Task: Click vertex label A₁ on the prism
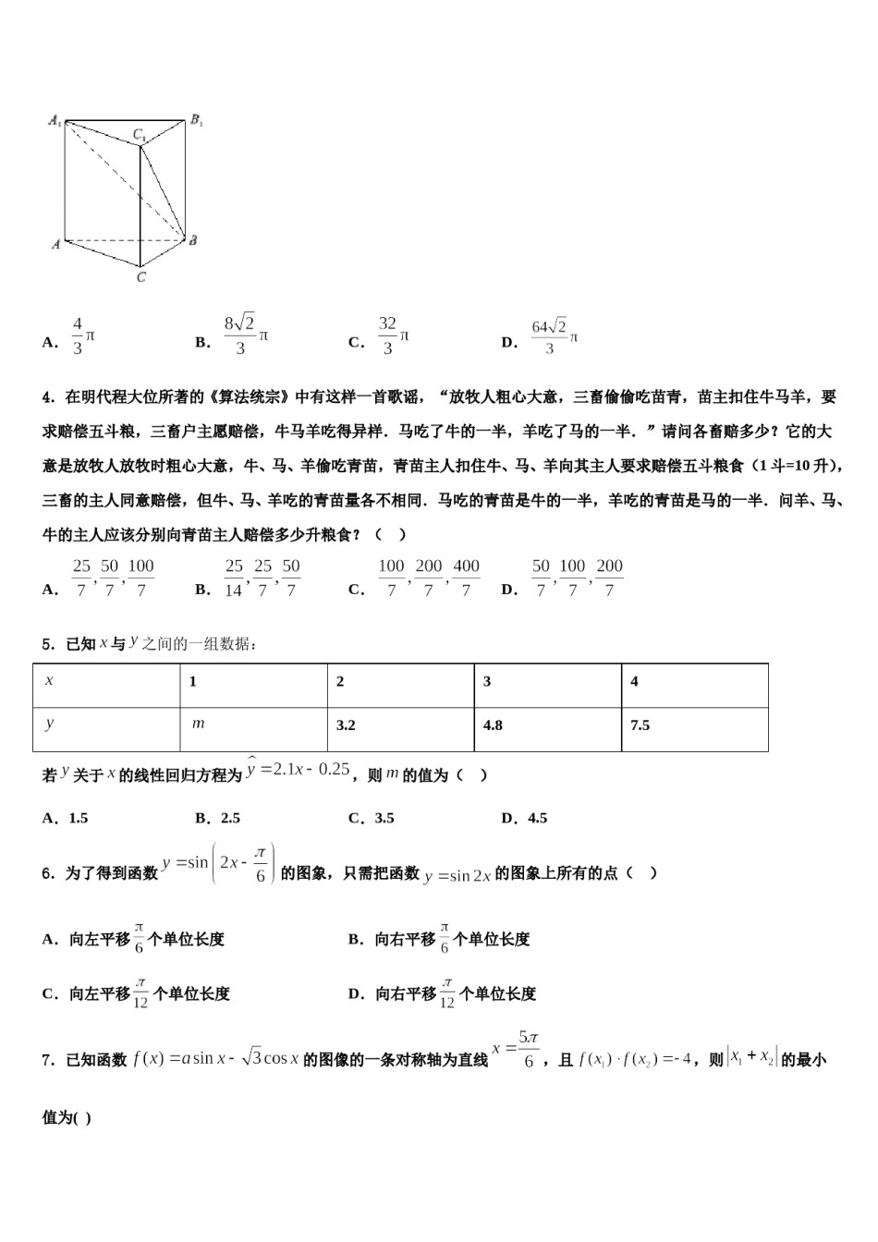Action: [x=55, y=121]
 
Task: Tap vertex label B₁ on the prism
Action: [x=196, y=120]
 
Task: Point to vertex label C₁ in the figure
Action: [x=139, y=136]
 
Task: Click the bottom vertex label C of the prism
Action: [x=140, y=277]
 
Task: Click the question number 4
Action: [x=46, y=397]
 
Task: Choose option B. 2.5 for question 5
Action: [x=218, y=818]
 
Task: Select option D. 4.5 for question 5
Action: [x=524, y=818]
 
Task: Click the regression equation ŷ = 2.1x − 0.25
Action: [x=298, y=770]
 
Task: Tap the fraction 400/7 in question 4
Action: [x=467, y=578]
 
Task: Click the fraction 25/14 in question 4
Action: [x=234, y=578]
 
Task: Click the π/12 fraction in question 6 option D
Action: [x=446, y=993]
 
